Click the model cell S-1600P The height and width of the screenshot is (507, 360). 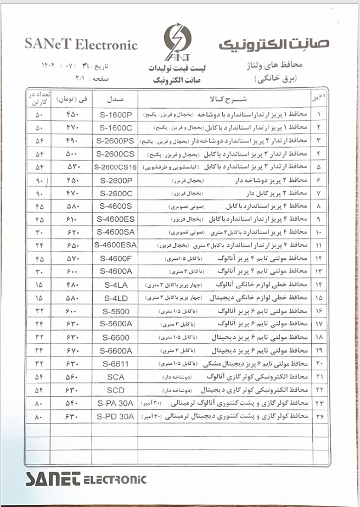click(116, 115)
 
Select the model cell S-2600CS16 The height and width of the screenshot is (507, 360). click(116, 167)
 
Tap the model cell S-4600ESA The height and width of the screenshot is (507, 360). click(116, 245)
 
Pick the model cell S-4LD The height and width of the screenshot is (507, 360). click(116, 298)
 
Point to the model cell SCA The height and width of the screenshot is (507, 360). click(116, 377)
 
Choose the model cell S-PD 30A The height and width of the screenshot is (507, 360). click(116, 416)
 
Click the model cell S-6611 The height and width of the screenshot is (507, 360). click(116, 364)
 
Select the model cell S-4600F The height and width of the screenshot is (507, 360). click(116, 258)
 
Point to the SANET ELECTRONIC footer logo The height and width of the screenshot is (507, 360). click(86, 478)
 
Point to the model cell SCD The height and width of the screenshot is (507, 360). click(116, 390)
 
